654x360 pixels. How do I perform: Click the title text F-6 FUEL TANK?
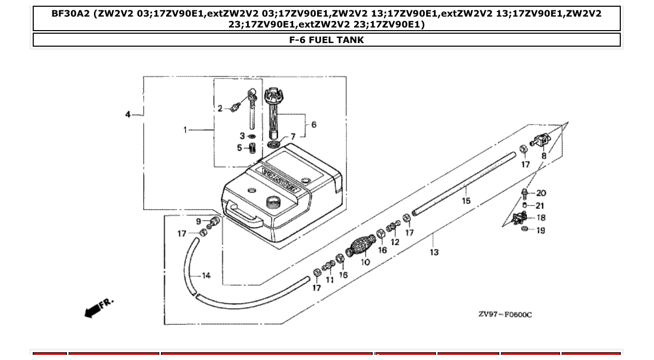[x=326, y=40]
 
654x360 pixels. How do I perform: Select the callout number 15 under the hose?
[x=466, y=201]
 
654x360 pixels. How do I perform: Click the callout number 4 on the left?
[x=128, y=114]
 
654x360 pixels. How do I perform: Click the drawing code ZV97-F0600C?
[x=505, y=314]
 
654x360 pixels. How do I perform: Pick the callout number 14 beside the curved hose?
[x=206, y=275]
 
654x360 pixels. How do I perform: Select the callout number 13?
[x=434, y=252]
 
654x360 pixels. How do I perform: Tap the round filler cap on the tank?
[x=272, y=201]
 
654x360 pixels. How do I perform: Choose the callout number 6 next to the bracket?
[x=314, y=124]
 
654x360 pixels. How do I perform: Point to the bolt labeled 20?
[x=524, y=194]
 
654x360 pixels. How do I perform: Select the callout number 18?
[x=541, y=218]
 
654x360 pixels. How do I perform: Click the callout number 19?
[x=541, y=230]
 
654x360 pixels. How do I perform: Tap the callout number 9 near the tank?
[x=199, y=221]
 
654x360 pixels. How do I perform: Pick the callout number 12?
[x=395, y=242]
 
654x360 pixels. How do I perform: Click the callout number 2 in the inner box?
[x=220, y=108]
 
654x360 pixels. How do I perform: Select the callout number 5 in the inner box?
[x=240, y=148]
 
